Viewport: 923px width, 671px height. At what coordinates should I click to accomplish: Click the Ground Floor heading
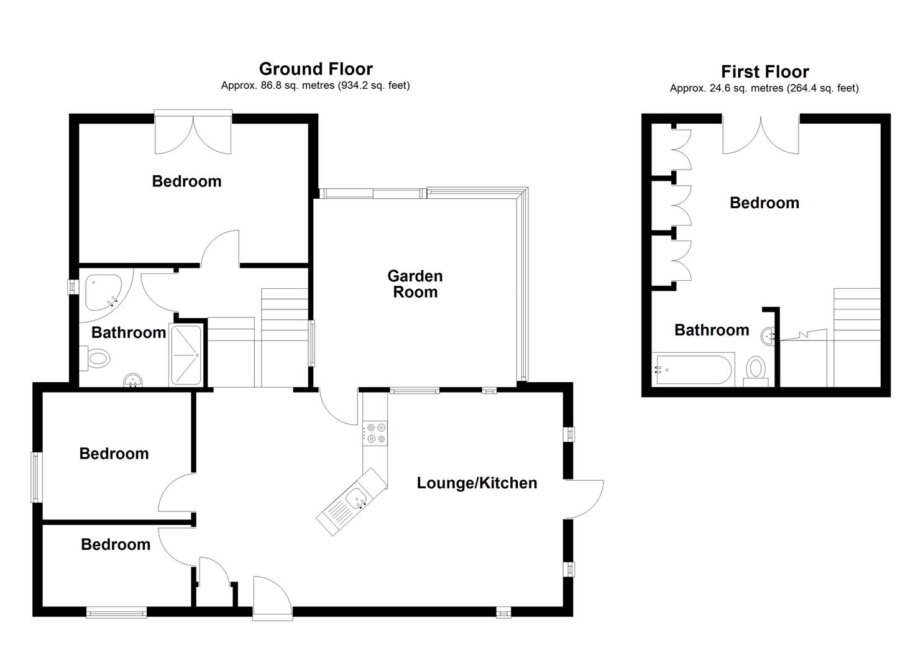[x=316, y=68]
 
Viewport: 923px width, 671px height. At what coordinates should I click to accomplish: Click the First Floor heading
[x=765, y=71]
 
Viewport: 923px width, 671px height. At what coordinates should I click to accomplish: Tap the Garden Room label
[x=415, y=284]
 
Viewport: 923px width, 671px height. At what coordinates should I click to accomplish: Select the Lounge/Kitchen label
[x=477, y=483]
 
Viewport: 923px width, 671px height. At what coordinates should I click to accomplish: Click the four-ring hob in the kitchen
[x=375, y=432]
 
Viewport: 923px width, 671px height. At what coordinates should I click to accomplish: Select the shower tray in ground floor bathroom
[x=186, y=355]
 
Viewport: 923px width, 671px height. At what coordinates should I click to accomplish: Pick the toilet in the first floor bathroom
[x=756, y=370]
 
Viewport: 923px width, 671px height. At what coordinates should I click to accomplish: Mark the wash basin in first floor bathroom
[x=768, y=335]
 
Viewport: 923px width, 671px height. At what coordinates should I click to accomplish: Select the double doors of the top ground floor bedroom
[x=193, y=134]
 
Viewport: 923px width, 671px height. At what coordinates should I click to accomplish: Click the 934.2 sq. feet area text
[x=374, y=86]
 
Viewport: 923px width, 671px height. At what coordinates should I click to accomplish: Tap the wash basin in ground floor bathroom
[x=132, y=380]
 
